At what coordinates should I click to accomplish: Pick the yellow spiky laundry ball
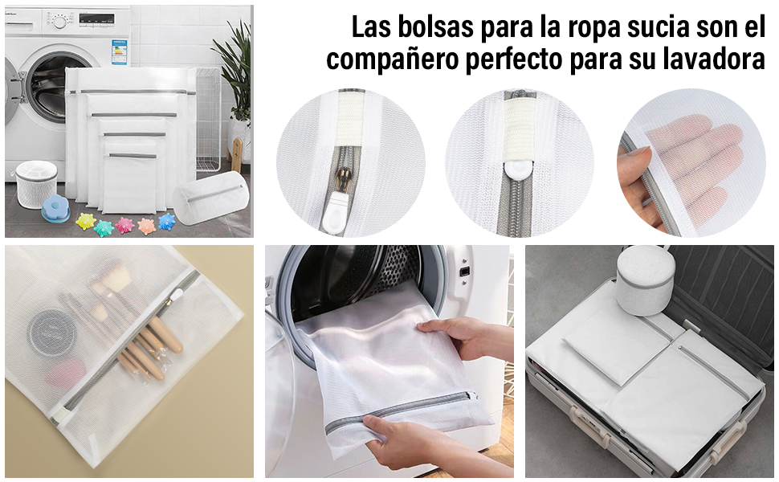(x=85, y=220)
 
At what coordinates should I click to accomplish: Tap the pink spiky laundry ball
(x=124, y=225)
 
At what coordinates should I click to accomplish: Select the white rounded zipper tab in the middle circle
(x=520, y=170)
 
